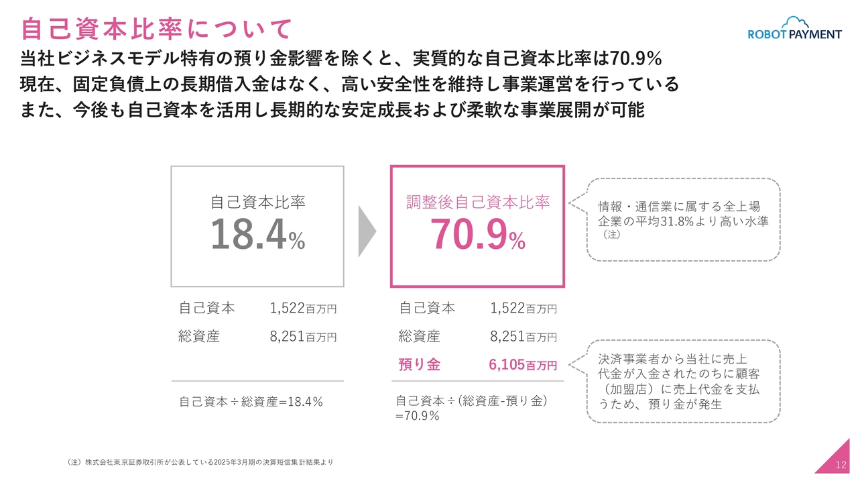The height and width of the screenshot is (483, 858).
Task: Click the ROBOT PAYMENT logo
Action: click(x=795, y=28)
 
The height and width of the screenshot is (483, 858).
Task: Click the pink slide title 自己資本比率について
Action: click(x=157, y=29)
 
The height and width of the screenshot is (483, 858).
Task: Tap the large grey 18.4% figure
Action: click(x=258, y=234)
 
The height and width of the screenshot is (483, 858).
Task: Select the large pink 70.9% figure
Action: click(x=478, y=234)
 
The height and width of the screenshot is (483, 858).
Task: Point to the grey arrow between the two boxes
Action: click(x=367, y=231)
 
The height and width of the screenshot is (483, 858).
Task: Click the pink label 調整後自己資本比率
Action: click(x=478, y=202)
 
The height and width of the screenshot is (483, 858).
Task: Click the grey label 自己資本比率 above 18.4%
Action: click(x=258, y=202)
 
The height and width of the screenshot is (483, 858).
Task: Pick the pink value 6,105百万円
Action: click(x=523, y=364)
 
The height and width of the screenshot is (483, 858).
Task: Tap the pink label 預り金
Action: click(x=420, y=364)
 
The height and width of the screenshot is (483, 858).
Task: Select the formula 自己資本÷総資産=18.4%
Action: click(x=251, y=402)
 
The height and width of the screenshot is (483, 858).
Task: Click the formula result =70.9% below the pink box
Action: click(x=417, y=416)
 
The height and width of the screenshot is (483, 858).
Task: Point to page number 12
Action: click(x=841, y=465)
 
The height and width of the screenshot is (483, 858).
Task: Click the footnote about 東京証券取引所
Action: click(x=200, y=462)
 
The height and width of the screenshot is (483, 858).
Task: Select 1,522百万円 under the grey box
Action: click(x=303, y=308)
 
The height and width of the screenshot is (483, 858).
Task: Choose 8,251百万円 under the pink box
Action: click(x=524, y=337)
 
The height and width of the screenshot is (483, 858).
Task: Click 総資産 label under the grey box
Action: click(x=199, y=337)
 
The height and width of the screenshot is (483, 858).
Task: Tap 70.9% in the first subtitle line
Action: click(x=636, y=58)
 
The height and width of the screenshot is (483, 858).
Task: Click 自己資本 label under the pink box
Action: click(x=427, y=308)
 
